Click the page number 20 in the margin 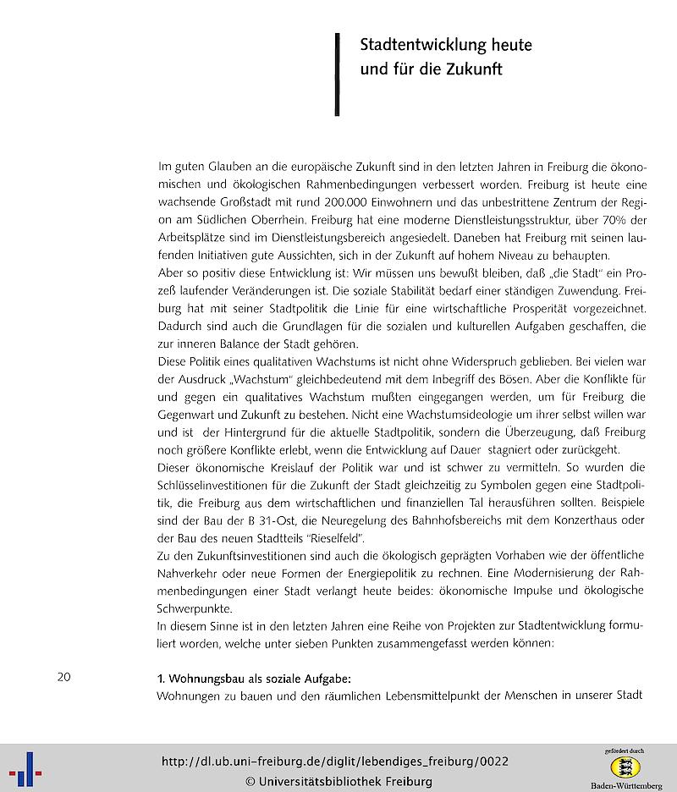[64, 677]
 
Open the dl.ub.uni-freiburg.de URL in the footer [334, 762]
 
